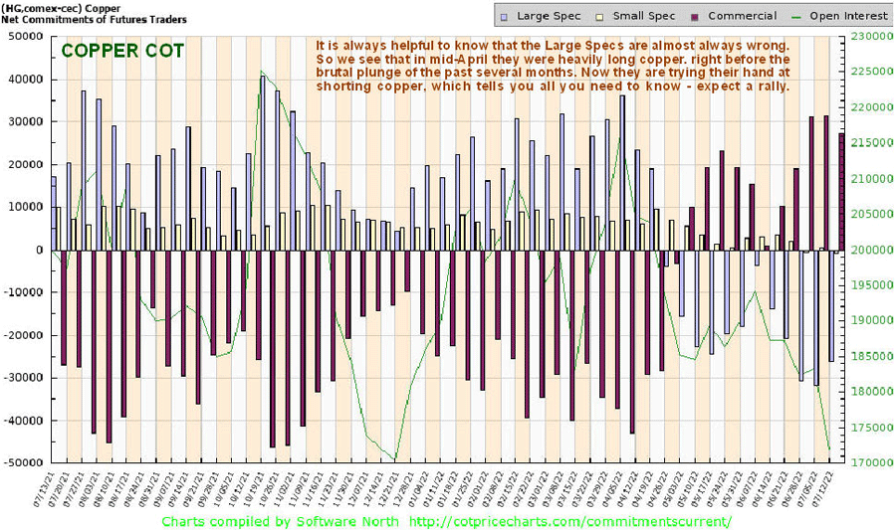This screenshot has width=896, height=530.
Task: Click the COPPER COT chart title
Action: point(122,51)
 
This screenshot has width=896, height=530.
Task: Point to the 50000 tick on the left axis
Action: point(24,36)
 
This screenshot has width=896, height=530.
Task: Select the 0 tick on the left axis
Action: point(38,250)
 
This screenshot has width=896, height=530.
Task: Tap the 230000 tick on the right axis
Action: point(869,36)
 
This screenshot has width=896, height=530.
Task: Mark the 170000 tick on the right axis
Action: point(869,463)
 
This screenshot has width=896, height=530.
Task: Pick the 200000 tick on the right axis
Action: point(869,250)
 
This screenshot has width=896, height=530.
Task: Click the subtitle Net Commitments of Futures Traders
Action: point(95,19)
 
